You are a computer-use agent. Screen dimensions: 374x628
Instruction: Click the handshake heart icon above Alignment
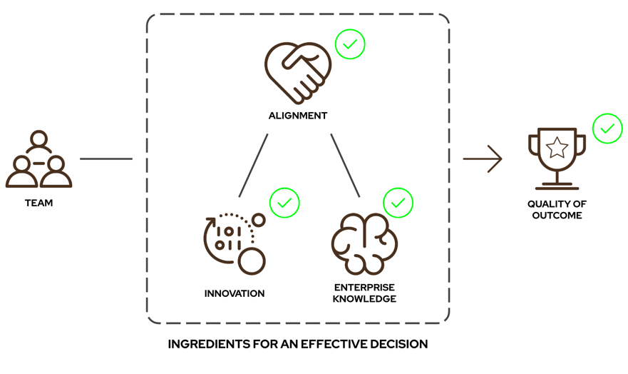tap(298, 72)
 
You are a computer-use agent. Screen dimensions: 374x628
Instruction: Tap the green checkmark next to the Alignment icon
tap(350, 44)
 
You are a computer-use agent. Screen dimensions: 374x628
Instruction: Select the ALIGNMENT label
tap(298, 116)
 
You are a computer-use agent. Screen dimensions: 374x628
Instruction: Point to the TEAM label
tap(39, 203)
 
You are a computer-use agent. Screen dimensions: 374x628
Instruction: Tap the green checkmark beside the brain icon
tap(398, 203)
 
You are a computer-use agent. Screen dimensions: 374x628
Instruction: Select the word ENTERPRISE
tap(364, 288)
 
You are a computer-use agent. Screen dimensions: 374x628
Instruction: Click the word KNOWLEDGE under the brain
tap(364, 299)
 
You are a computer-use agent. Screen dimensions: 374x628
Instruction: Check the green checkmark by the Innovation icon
tap(284, 203)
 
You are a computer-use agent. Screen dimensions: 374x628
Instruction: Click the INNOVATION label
tap(235, 293)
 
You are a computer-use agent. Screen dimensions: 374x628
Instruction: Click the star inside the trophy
tap(557, 148)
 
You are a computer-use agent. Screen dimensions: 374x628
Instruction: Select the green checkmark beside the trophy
tap(607, 129)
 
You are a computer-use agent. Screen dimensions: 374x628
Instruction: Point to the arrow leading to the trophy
tap(483, 158)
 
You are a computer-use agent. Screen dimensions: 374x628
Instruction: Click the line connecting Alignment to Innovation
tap(253, 166)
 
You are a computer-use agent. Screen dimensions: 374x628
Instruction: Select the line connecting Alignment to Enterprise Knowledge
tap(345, 166)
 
